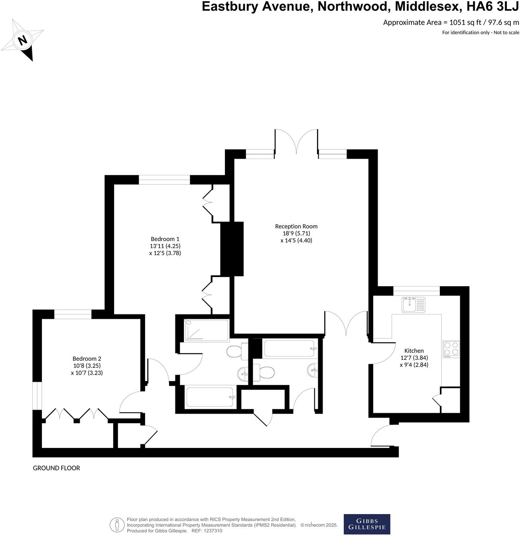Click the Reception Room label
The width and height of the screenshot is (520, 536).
click(296, 226)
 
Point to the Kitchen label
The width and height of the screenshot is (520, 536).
click(414, 351)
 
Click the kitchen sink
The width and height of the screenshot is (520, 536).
click(414, 305)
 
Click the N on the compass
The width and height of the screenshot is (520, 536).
click(23, 40)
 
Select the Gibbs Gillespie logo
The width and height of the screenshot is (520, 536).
click(367, 524)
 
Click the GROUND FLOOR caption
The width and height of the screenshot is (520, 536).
click(56, 468)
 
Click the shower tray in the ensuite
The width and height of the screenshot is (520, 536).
click(206, 330)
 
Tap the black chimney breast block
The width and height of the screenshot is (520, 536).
click(232, 249)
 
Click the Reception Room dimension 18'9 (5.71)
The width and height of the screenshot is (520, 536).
click(296, 234)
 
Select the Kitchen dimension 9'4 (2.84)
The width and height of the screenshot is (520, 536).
click(414, 364)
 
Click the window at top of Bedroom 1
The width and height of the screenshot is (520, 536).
click(164, 180)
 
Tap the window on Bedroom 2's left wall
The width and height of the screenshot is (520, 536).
click(37, 395)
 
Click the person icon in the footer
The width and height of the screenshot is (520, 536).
click(117, 524)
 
